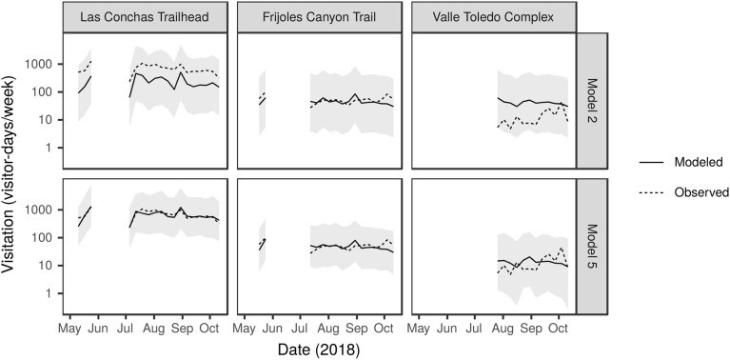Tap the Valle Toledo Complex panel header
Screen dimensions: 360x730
[x=493, y=16]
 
